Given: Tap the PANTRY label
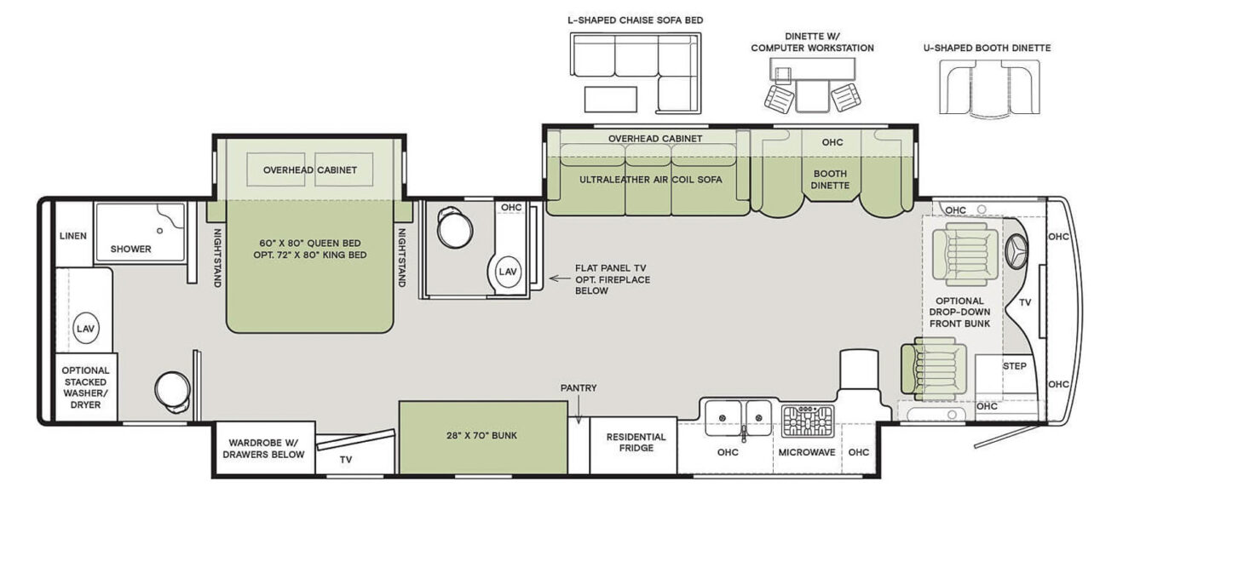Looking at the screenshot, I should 579,388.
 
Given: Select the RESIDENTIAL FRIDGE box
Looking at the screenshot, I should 636,443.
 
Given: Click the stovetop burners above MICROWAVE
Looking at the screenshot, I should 807,421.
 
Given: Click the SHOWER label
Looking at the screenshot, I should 130,249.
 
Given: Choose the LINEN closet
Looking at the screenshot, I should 73,236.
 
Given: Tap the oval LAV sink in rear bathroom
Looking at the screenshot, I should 84,328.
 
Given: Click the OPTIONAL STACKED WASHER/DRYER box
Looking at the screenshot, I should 85,387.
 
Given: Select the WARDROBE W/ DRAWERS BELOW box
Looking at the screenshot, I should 263,449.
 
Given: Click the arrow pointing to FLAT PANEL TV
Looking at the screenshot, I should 559,278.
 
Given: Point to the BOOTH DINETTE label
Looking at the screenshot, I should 830,179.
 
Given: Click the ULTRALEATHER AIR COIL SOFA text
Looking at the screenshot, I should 650,180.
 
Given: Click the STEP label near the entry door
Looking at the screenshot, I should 1014,366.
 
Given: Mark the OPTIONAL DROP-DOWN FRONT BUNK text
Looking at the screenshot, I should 959,312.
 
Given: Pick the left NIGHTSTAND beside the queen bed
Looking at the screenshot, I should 216,255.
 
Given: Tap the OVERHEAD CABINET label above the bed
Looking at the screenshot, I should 309,170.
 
